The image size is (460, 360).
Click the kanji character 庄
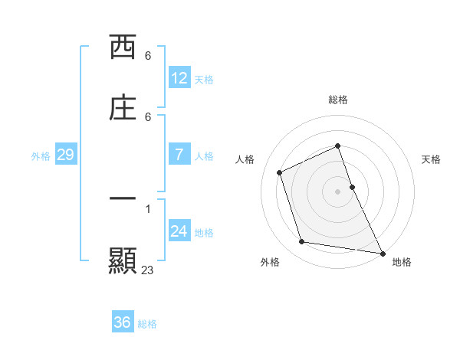(123, 108)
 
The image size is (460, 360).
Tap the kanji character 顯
(123, 260)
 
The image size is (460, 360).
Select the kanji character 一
(123, 198)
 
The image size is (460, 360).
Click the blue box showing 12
(179, 78)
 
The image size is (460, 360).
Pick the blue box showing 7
(179, 155)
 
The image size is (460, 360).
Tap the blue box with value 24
(179, 231)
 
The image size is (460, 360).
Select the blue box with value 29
(65, 155)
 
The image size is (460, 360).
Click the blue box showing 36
(122, 322)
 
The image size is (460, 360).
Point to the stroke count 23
(148, 270)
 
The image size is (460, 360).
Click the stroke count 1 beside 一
(148, 208)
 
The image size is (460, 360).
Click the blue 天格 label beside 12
(204, 79)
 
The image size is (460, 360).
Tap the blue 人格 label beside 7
(204, 155)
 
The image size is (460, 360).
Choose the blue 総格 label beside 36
(147, 323)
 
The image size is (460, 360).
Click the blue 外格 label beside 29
(41, 155)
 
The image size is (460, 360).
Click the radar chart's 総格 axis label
(338, 100)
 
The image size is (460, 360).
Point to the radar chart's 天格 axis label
(431, 159)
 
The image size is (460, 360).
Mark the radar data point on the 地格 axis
(382, 252)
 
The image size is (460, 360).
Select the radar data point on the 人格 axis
(280, 172)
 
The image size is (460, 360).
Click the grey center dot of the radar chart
(338, 191)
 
